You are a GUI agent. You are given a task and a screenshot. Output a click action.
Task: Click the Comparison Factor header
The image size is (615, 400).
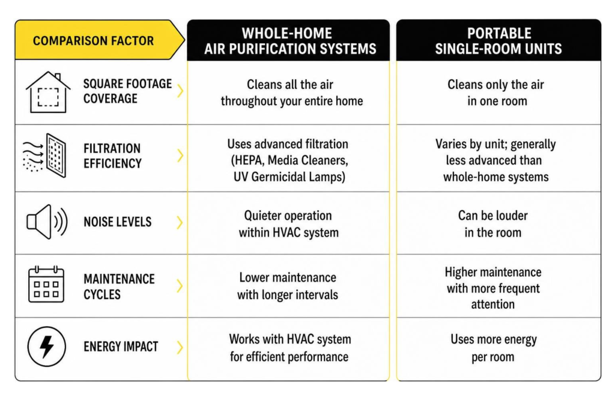[x=93, y=41]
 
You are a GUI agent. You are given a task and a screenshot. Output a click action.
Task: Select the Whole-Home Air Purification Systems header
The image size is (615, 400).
[x=290, y=41]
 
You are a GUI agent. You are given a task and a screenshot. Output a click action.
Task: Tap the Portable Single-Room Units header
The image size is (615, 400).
[x=498, y=41]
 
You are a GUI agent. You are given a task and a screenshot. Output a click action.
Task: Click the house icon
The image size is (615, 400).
[x=48, y=92]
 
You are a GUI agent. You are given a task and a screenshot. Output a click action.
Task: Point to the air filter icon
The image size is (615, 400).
[x=44, y=156]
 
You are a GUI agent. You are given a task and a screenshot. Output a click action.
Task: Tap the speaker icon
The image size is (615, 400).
[x=47, y=222]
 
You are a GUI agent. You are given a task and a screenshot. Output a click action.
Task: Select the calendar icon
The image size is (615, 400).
[x=46, y=284]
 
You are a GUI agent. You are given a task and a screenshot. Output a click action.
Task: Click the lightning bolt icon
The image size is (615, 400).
[x=47, y=347]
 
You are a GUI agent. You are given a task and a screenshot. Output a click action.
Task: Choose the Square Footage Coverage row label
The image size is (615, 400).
[x=127, y=91]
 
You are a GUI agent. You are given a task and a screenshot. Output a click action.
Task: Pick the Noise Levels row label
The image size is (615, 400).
[x=117, y=222]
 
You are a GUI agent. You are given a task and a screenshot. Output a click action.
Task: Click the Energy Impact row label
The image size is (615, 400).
[x=121, y=347]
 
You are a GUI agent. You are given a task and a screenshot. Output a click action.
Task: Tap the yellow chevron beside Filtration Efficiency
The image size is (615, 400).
[x=180, y=156]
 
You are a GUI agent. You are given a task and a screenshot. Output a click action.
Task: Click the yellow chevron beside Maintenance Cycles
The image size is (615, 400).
[x=180, y=286]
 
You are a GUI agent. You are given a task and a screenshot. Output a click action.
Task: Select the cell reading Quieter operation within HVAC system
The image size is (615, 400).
[x=288, y=224]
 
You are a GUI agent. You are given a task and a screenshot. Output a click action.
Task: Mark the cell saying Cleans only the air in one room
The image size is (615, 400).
[x=496, y=92]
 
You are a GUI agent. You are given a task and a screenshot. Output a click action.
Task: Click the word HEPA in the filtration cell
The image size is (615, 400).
[x=247, y=160]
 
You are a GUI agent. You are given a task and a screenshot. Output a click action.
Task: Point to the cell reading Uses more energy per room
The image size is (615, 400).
[x=494, y=348]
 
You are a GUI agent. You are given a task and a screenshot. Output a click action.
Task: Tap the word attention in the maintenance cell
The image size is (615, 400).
[x=492, y=305]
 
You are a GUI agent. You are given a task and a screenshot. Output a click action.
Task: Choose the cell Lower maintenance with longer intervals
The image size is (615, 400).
[x=288, y=286]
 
